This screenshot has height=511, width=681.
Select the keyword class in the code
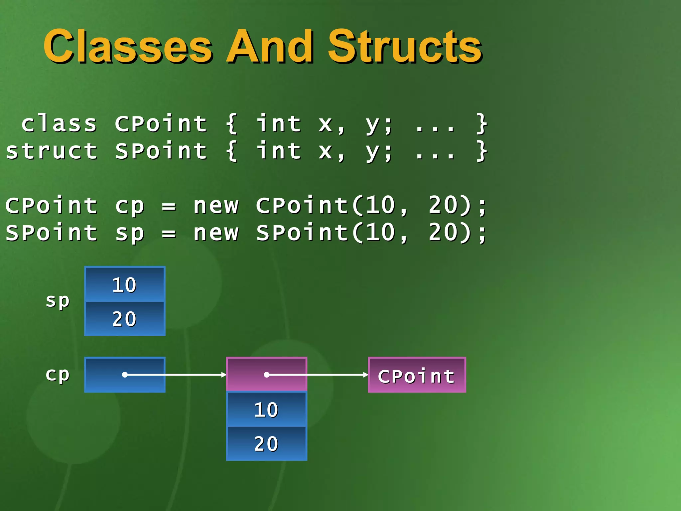tap(59, 124)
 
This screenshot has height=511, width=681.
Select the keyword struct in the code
tap(52, 151)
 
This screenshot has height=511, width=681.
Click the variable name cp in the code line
tap(130, 206)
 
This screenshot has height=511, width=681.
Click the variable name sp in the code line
tap(130, 233)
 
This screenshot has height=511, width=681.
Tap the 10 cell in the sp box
tap(125, 285)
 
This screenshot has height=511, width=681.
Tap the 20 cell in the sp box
tap(125, 319)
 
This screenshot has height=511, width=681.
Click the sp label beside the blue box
tap(58, 301)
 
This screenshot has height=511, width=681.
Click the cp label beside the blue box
tap(58, 375)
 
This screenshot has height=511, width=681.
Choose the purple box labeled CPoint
tap(417, 375)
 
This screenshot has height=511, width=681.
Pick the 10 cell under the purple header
tap(266, 410)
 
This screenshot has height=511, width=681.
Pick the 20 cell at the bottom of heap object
tap(266, 444)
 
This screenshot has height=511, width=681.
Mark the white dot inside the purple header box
tap(266, 375)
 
